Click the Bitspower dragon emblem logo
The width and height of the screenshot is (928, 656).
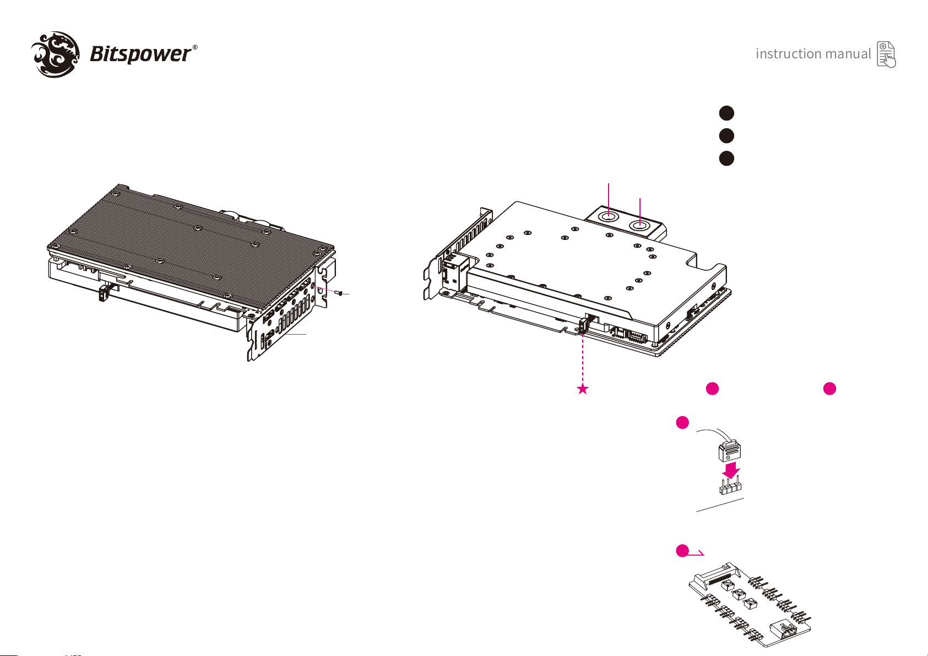pos(56,54)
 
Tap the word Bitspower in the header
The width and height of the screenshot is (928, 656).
pos(141,54)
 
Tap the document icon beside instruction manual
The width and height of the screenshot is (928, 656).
pos(886,54)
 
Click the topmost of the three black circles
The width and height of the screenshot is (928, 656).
pos(726,113)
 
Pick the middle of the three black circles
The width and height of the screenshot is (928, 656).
pos(726,136)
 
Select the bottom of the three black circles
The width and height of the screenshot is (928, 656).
pos(726,158)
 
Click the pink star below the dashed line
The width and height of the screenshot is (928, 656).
pos(583,389)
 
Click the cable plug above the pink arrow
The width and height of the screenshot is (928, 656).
pos(730,451)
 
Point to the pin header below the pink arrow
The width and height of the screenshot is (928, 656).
pos(730,486)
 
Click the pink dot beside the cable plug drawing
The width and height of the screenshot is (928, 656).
pos(682,423)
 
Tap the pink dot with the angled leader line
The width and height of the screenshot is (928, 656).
pos(682,551)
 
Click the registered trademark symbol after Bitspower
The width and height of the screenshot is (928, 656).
pos(195,47)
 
